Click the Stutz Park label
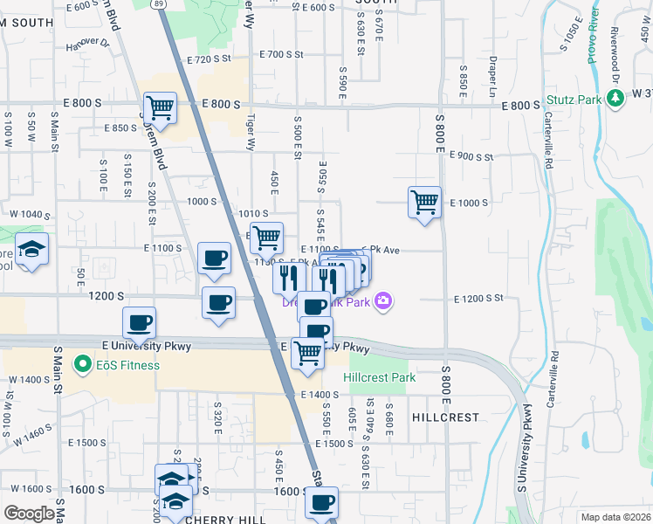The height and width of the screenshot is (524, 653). pos(574,100)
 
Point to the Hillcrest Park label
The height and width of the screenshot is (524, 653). pos(379,377)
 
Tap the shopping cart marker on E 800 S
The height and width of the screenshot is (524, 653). pos(161,109)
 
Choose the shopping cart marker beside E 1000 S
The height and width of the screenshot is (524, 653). pos(424,203)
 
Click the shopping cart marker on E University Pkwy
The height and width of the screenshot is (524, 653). pos(307,354)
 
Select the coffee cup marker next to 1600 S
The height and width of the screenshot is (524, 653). pos(321,503)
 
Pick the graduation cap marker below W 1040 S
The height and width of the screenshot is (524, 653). pos(32,252)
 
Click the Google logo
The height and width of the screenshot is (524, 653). pos(30,513)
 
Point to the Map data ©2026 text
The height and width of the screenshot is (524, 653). pos(615,517)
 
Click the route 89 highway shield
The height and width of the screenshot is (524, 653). pos(158,3)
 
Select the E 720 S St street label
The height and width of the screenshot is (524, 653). pos(208,59)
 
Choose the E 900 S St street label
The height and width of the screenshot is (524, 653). pos(471,156)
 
